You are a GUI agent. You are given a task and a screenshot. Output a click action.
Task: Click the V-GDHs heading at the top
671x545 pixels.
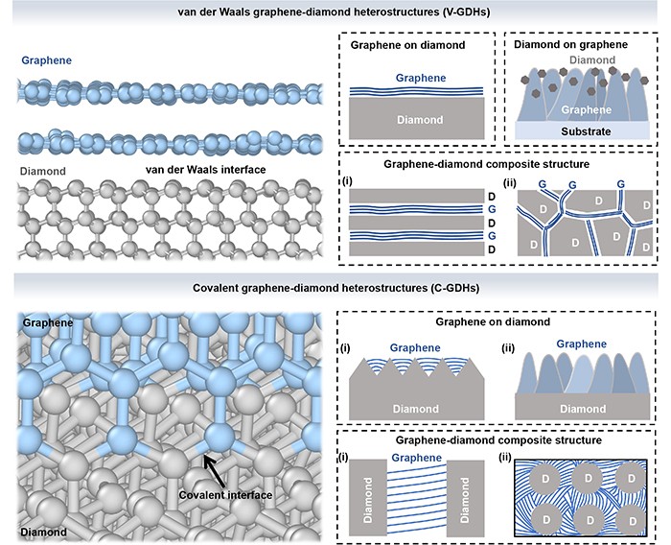334,12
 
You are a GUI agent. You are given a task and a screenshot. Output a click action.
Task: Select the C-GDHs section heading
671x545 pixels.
335,288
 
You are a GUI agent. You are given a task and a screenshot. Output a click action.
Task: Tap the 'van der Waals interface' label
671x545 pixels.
205,170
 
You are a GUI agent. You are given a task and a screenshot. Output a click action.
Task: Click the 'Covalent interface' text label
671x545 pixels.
225,495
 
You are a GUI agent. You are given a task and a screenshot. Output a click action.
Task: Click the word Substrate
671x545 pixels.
586,131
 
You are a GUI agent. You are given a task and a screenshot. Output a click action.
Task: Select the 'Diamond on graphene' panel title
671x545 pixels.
570,44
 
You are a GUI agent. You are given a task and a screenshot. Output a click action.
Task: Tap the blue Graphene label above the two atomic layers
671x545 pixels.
46,60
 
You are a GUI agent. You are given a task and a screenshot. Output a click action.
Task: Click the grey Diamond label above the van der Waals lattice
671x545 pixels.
43,171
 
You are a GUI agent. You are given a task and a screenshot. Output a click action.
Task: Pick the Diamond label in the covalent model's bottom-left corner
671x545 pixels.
44,533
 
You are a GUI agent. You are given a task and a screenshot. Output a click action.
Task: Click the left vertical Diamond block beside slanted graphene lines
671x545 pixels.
367,499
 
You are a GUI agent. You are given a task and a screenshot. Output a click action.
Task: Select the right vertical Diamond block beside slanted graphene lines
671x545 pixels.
466,499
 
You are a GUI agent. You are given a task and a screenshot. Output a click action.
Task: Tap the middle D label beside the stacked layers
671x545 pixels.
491,223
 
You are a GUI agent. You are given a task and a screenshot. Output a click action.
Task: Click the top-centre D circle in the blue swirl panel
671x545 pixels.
589,478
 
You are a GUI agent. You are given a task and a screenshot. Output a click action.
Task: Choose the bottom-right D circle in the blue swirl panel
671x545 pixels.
632,520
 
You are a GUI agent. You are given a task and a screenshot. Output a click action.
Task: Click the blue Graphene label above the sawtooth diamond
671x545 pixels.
415,347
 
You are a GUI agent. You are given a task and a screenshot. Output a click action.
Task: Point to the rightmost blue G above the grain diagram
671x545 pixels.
621,184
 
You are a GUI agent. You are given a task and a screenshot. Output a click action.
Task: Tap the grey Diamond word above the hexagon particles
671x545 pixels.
592,60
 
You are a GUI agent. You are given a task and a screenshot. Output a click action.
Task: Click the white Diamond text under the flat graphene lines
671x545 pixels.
420,120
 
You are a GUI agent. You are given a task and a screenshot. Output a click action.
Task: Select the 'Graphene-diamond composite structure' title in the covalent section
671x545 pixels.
498,440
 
